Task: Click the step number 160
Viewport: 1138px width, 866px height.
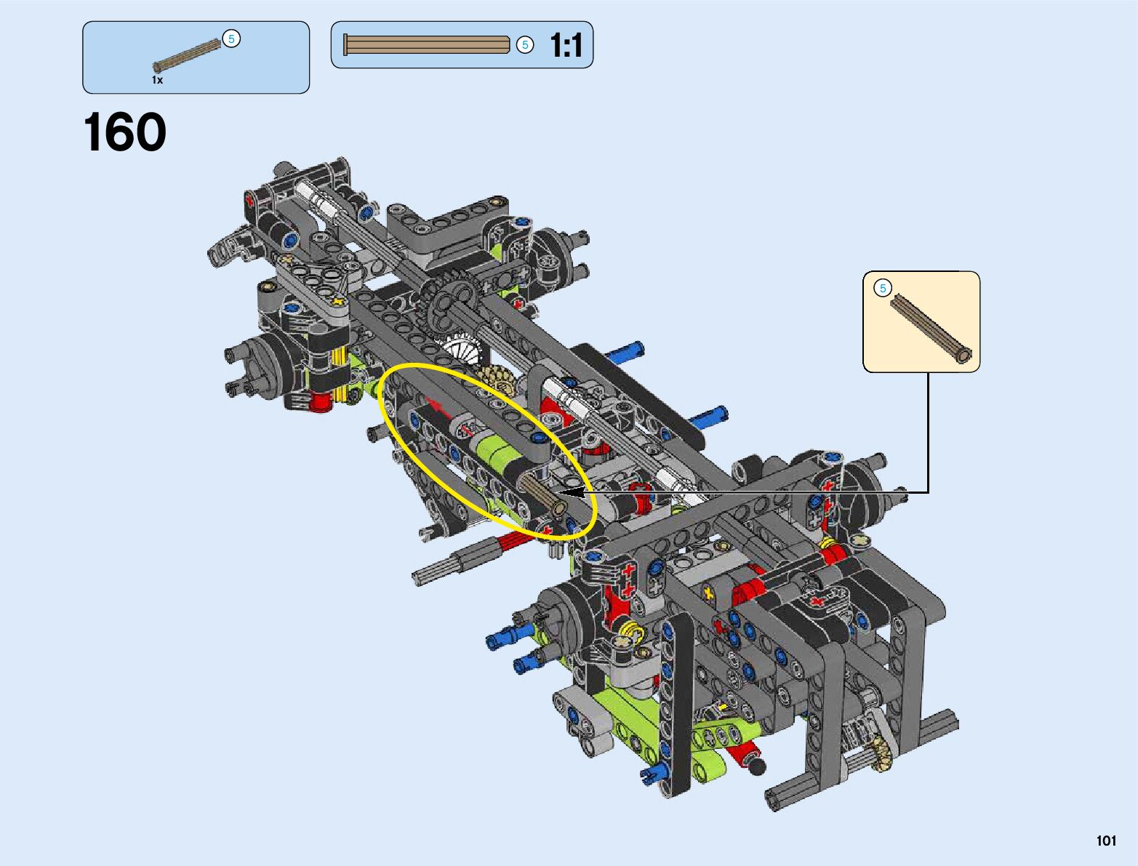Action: click(x=124, y=132)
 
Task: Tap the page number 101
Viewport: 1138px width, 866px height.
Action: click(x=1106, y=841)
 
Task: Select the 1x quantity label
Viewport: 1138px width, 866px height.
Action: click(x=157, y=80)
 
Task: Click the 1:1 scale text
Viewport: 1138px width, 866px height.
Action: click(x=566, y=45)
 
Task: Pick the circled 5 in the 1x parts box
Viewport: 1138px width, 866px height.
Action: click(x=231, y=39)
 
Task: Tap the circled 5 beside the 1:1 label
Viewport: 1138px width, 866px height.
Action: click(x=525, y=45)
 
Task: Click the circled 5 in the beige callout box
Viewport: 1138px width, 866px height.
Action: click(x=882, y=288)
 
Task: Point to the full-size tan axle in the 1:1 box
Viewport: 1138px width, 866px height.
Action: click(x=426, y=45)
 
